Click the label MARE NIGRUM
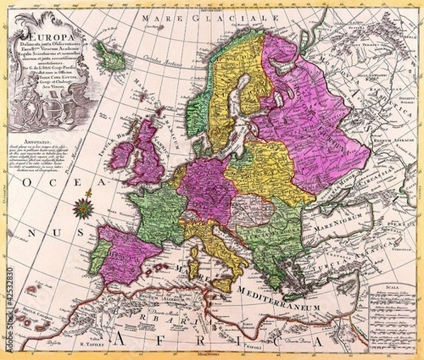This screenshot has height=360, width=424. [331, 228]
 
